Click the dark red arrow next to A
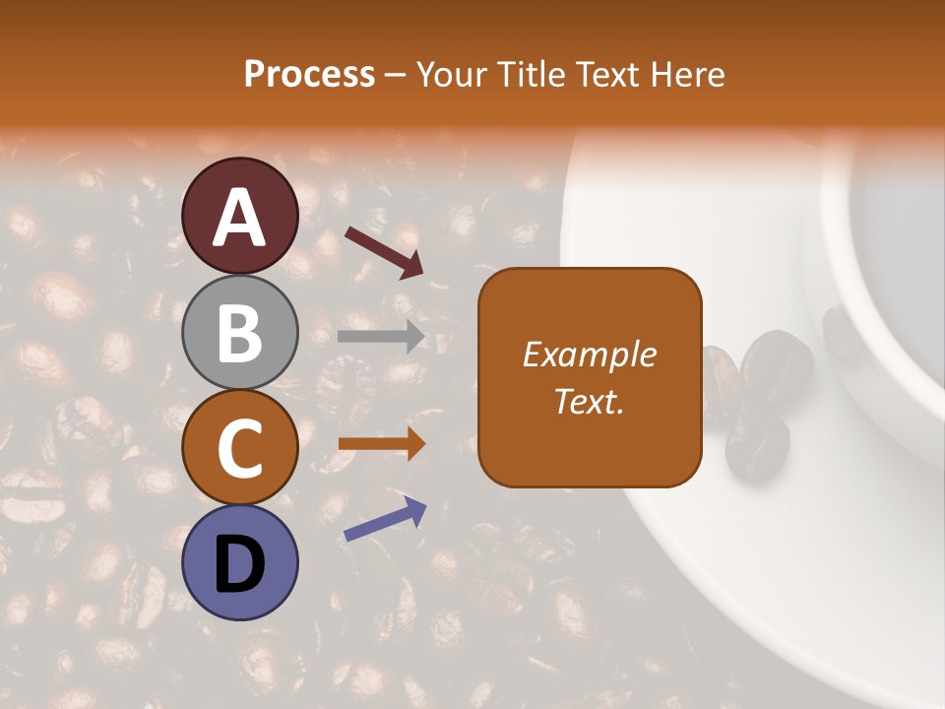pos(384,250)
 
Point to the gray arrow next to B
pos(381,337)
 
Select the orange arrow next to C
pos(381,444)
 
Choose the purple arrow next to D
pos(385,519)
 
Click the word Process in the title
pos(310,74)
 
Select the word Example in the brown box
pos(590,354)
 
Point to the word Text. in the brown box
pos(590,401)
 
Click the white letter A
pos(240,218)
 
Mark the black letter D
pos(240,563)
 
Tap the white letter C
pos(240,448)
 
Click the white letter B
pos(240,333)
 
